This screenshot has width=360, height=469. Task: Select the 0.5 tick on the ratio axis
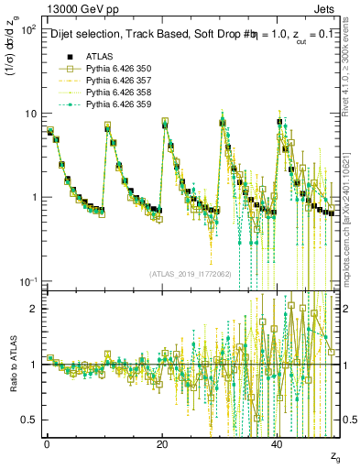tap(32, 420)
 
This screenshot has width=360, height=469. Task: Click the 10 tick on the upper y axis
tap(30, 114)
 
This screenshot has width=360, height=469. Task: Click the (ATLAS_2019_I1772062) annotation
tap(190, 273)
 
